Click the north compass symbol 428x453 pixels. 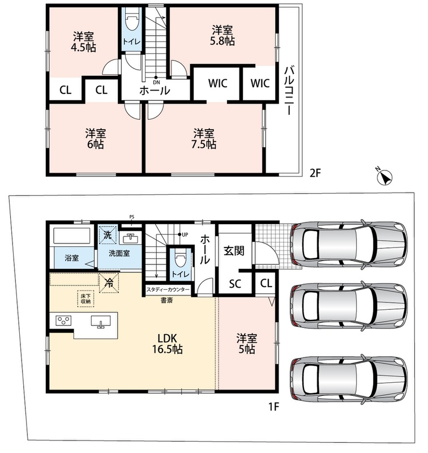click(384, 176)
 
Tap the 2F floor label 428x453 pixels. click(315, 173)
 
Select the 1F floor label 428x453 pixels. click(273, 407)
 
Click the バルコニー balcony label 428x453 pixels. click(289, 91)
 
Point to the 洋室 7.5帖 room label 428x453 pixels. click(204, 139)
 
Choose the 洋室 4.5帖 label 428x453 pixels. click(83, 42)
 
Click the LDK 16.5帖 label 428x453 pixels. click(167, 344)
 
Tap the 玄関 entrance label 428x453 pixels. click(234, 251)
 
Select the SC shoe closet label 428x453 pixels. click(235, 284)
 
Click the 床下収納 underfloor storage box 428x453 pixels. click(85, 299)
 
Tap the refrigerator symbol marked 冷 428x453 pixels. click(109, 283)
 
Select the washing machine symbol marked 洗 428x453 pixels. click(108, 234)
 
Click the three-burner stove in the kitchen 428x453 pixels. click(63, 320)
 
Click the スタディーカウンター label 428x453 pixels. click(168, 289)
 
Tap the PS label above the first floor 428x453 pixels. click(132, 217)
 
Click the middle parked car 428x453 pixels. click(349, 307)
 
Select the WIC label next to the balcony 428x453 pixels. click(260, 83)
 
